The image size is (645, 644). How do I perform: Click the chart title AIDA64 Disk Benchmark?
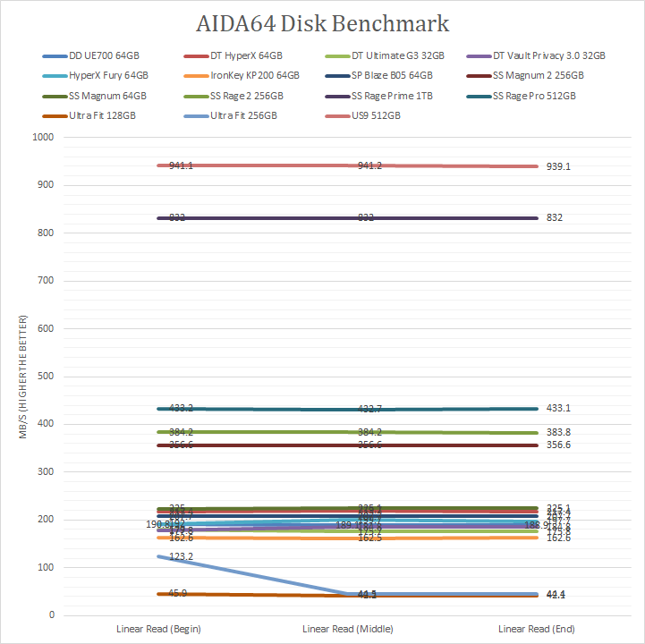coord(322,23)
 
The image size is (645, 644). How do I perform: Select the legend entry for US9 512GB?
coord(375,115)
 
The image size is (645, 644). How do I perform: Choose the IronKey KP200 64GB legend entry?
coord(254,76)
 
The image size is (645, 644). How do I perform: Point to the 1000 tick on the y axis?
coord(43,138)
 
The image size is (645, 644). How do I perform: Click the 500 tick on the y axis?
coord(46,377)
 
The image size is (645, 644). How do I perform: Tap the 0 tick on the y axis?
coord(51,615)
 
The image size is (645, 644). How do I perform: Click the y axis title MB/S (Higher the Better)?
coord(25,377)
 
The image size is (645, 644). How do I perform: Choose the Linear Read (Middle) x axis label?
coord(356,630)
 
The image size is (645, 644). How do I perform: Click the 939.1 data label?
coord(558,166)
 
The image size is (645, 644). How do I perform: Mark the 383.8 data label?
coord(558,432)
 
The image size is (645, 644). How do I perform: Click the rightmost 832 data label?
coord(555,218)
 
